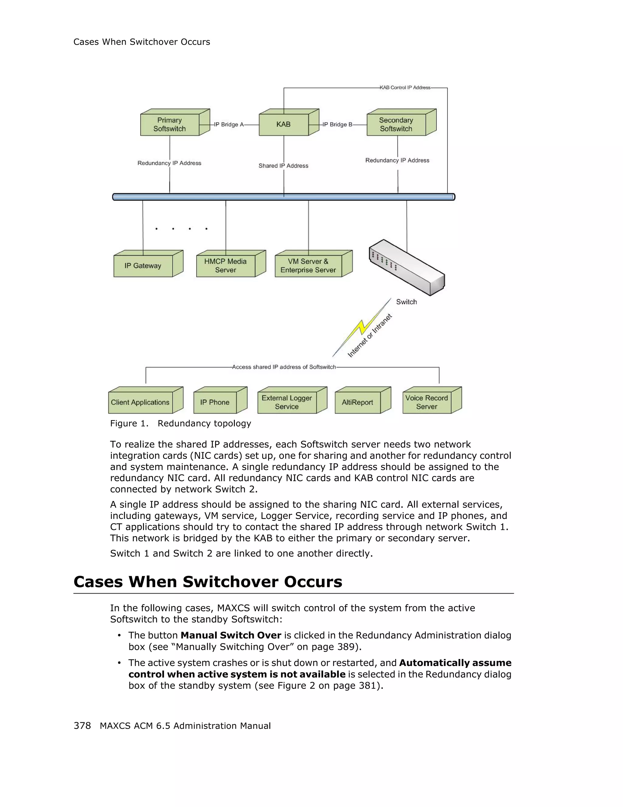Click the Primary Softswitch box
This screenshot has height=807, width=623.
(170, 125)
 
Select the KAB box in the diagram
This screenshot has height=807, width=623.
(284, 125)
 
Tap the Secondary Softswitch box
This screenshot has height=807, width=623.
(396, 125)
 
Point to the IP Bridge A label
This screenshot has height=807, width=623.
(229, 125)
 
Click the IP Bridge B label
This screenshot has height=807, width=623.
(337, 125)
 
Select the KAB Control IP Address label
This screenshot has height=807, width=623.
(405, 88)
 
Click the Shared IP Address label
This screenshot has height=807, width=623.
(283, 166)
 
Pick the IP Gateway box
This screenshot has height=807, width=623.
(143, 266)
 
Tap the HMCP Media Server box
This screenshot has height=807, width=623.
(225, 266)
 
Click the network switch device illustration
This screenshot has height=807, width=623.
(407, 267)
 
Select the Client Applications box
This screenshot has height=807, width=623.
(141, 402)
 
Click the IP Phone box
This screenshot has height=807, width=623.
(215, 402)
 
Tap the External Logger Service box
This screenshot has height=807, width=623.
(287, 402)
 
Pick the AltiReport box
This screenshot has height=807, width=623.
(357, 402)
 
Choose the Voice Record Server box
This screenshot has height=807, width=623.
(427, 402)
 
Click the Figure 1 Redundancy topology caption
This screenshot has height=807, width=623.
(180, 423)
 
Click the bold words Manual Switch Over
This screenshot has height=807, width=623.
(231, 636)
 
